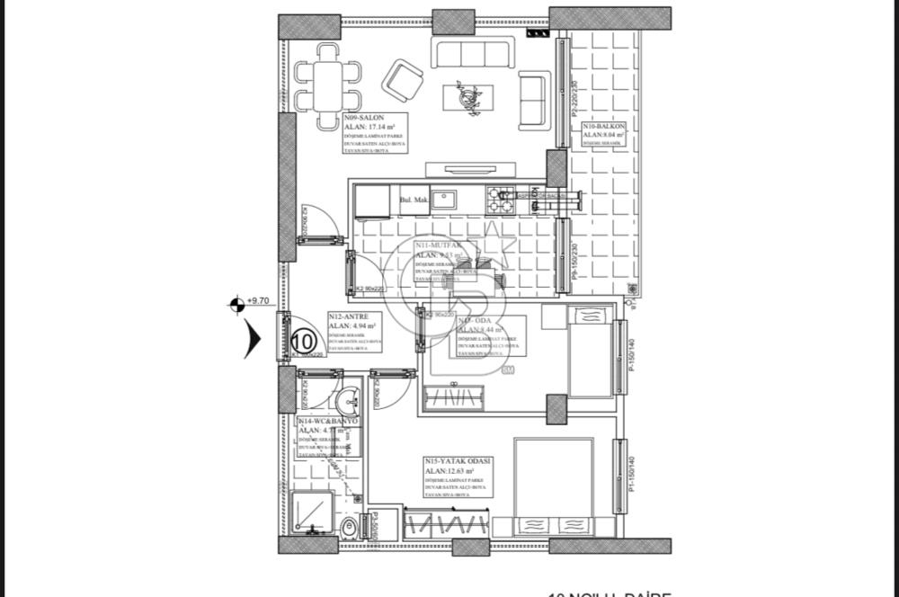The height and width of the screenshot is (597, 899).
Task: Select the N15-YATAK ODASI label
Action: pos(458,460)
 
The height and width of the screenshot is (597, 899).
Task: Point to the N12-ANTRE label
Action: pos(346,317)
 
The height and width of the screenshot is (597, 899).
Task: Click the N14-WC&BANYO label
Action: pos(328,421)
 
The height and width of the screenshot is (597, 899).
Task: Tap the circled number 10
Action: pos(304,341)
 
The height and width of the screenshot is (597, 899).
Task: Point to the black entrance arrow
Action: pos(253,341)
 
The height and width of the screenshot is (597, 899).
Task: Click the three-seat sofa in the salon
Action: pos(472,53)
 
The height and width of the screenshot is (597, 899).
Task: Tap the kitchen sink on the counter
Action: pos(442,200)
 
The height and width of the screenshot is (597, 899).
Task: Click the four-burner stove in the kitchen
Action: pos(500,200)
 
